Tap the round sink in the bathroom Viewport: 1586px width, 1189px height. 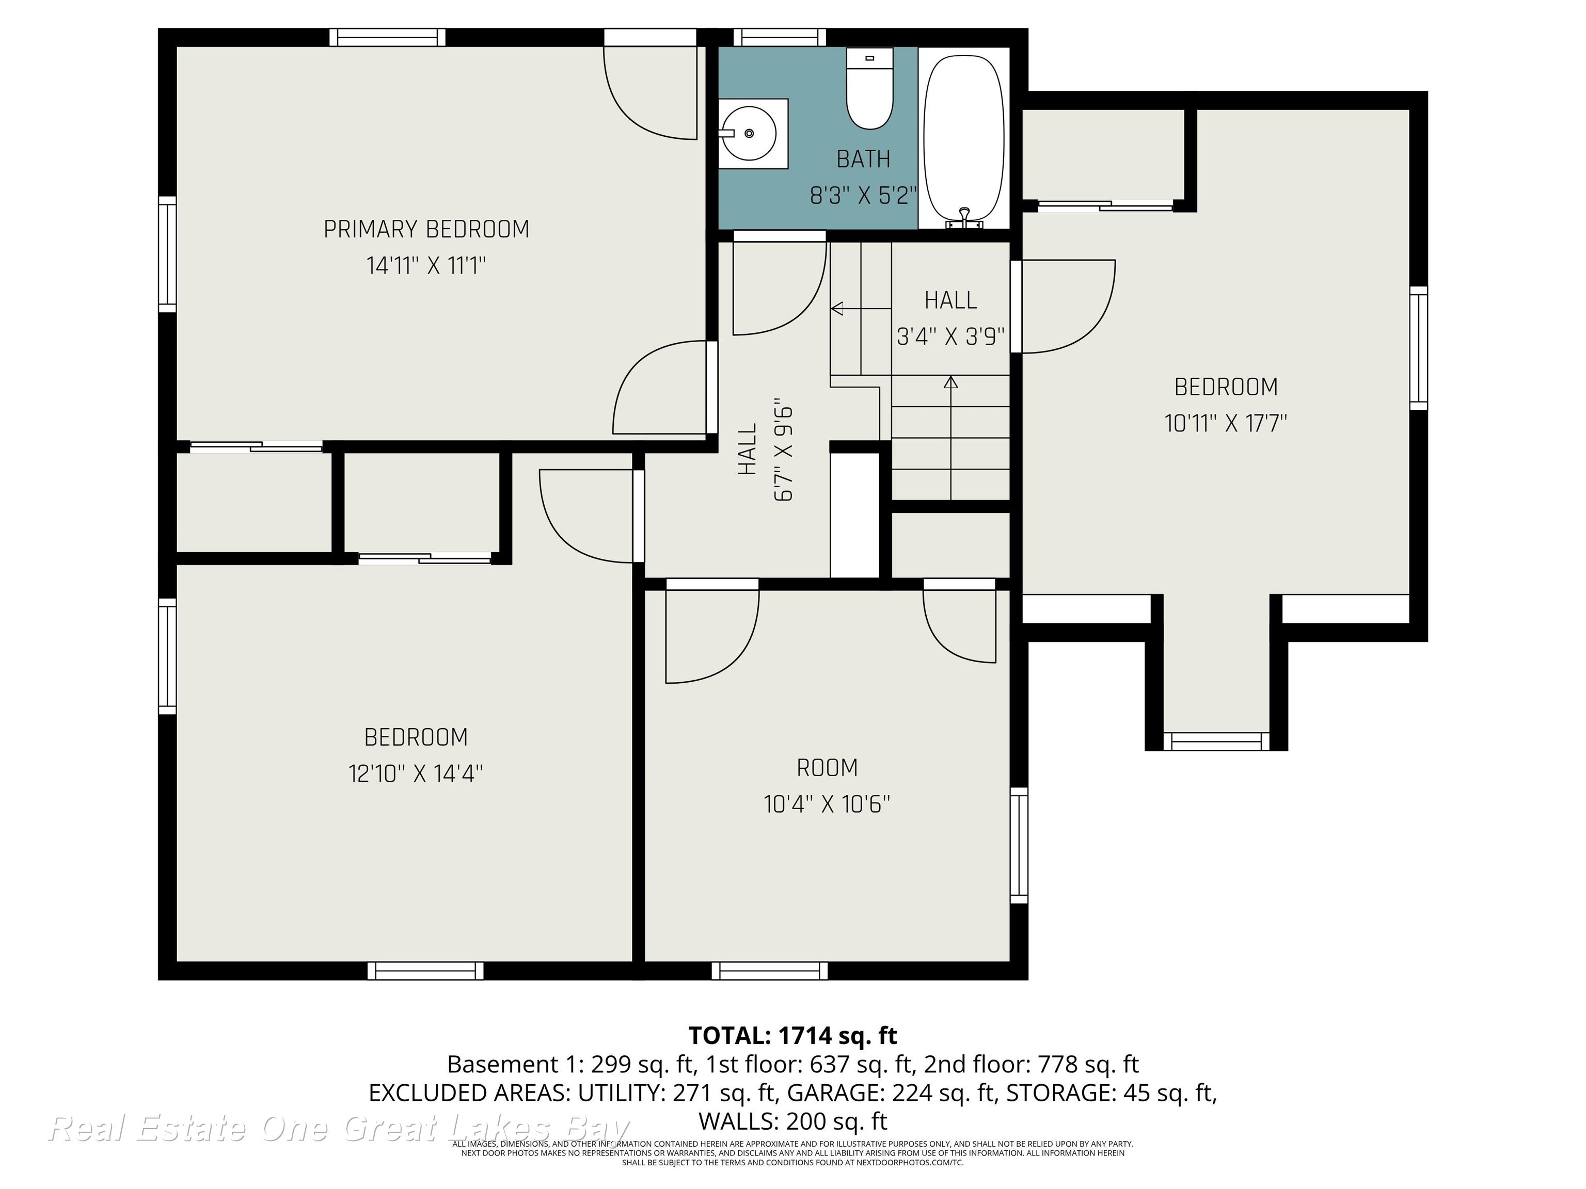point(749,133)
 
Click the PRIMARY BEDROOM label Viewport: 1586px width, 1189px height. point(426,229)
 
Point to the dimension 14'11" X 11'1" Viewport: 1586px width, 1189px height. point(426,266)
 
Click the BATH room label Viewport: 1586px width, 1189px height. point(863,159)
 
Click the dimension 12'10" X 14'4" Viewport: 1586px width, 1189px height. point(416,774)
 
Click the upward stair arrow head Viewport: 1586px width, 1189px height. point(951,382)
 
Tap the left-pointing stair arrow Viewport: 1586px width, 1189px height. point(861,309)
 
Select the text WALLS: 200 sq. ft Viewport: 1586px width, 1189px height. point(793,1120)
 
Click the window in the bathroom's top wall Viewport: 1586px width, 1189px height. point(780,37)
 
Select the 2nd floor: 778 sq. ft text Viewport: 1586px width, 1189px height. point(1031,1064)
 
